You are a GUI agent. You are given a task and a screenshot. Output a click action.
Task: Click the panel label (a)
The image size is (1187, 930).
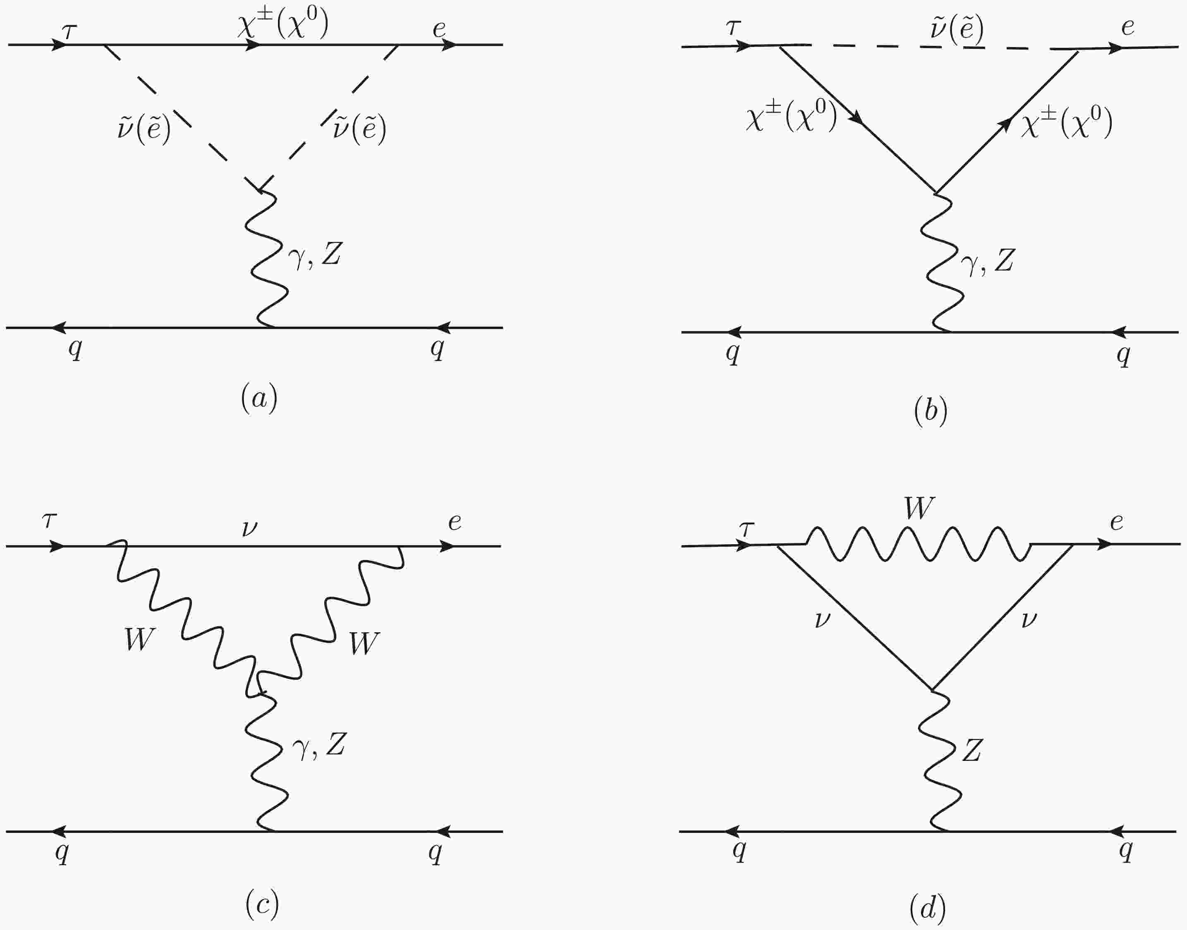(259, 398)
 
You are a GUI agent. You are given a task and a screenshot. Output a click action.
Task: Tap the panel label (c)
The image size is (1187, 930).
(262, 904)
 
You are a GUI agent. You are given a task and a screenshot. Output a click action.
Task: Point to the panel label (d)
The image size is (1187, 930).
(927, 908)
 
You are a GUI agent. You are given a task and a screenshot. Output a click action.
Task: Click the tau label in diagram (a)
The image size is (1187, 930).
(69, 32)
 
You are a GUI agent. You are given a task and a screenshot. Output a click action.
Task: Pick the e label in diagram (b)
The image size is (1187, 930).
(1127, 27)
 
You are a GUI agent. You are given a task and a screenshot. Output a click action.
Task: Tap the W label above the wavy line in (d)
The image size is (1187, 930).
(919, 507)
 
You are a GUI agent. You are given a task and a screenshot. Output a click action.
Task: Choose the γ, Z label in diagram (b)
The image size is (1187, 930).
(987, 261)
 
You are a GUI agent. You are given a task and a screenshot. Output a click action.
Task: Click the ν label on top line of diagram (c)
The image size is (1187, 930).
(249, 528)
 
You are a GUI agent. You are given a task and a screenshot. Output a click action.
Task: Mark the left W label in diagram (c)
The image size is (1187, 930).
(140, 639)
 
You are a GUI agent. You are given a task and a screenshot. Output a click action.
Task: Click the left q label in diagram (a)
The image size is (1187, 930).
(75, 349)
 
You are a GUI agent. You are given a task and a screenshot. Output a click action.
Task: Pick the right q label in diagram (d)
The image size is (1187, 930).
(1125, 849)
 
